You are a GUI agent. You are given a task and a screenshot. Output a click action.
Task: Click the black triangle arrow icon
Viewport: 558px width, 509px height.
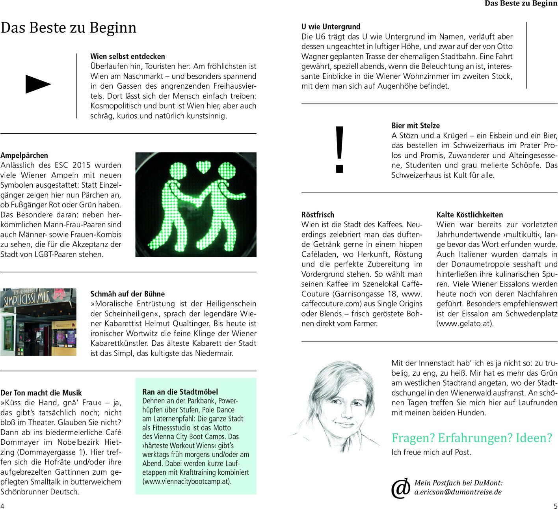38,84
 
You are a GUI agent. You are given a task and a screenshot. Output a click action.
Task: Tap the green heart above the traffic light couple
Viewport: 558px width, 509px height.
203,167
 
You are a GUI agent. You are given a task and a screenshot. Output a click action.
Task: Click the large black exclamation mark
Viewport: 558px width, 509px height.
339,150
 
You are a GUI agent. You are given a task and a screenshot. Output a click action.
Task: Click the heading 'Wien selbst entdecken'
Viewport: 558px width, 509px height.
128,56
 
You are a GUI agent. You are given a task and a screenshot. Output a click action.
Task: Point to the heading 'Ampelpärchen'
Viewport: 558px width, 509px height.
24,155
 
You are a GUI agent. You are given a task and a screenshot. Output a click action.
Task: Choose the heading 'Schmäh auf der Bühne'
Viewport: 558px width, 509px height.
128,294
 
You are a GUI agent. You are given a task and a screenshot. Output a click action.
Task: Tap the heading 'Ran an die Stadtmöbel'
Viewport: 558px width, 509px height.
180,392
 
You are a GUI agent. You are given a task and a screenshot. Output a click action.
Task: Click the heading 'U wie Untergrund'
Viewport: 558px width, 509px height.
331,27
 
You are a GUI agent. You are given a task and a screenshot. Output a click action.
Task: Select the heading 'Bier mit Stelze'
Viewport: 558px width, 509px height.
416,126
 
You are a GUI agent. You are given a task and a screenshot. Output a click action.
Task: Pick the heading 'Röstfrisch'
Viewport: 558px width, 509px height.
318,215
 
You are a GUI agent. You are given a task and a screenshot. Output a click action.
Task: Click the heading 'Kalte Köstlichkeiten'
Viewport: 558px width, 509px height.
470,215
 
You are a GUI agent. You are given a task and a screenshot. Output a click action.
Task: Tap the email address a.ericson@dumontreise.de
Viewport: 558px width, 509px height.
458,492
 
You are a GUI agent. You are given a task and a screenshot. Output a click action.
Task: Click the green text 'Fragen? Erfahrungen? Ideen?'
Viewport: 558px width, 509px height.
472,438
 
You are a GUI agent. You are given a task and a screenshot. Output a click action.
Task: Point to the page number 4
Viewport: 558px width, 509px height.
2,506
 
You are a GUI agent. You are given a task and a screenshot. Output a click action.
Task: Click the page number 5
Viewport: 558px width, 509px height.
556,506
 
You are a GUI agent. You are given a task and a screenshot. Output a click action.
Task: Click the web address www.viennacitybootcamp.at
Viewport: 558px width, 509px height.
187,481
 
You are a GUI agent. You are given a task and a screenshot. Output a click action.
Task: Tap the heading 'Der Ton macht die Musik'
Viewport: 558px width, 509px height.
41,393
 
